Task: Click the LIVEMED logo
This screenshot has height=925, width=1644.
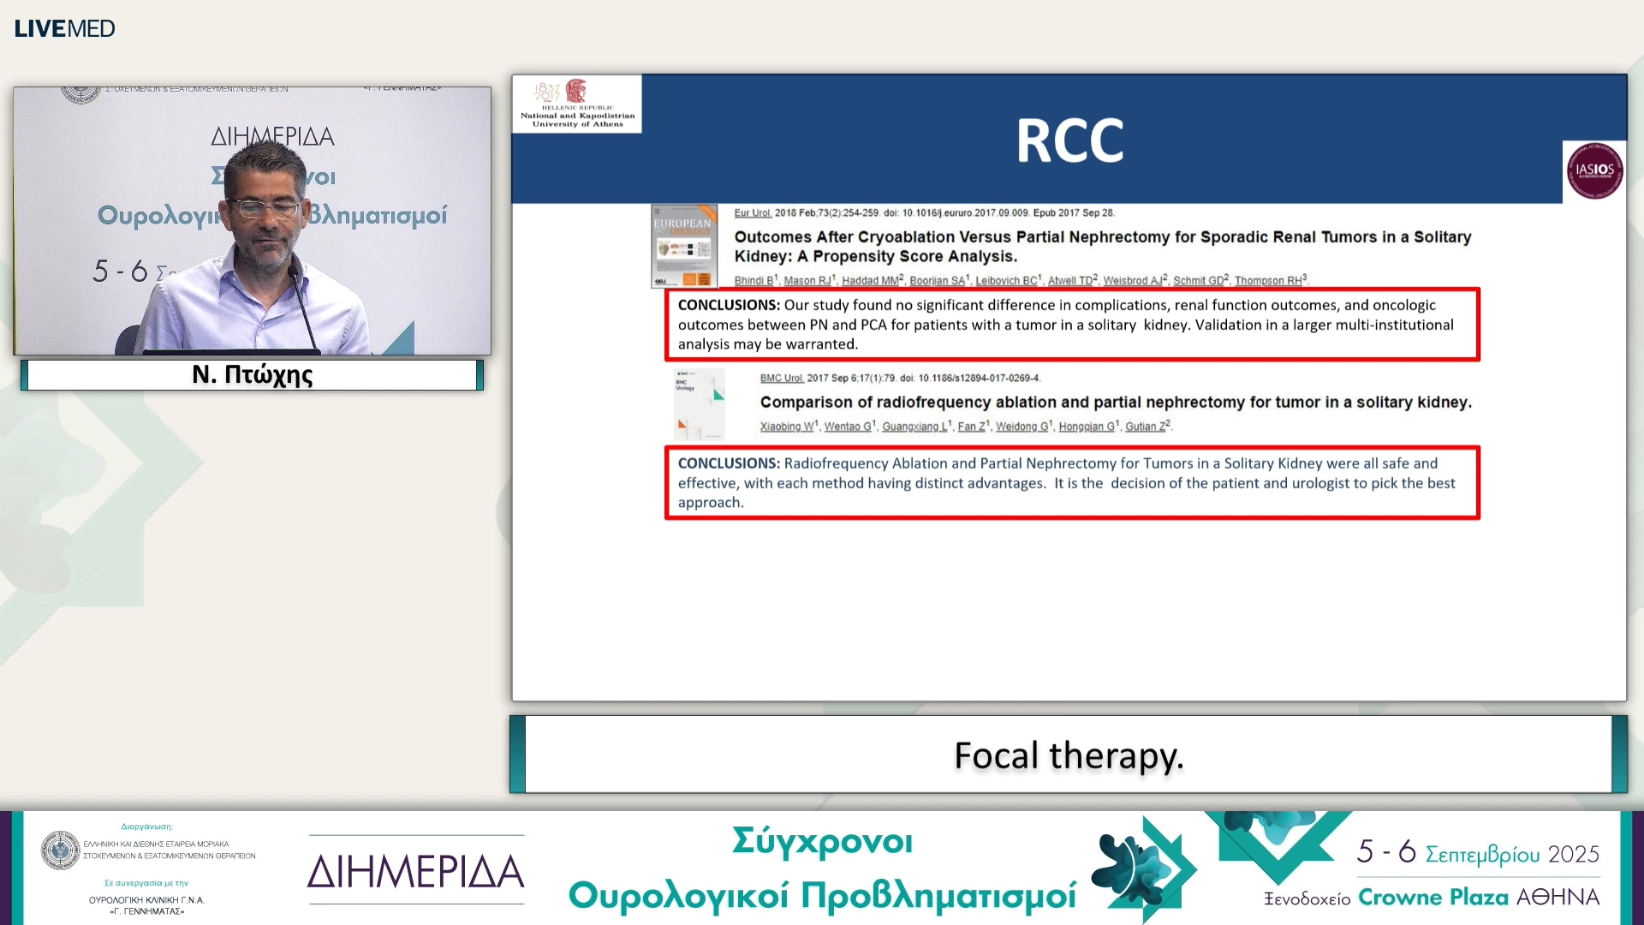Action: (64, 28)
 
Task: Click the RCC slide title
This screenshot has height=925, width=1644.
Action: (1069, 141)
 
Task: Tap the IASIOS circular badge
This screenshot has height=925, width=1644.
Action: (1594, 170)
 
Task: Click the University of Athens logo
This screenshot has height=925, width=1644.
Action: (577, 104)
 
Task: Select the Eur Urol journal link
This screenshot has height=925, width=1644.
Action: (753, 213)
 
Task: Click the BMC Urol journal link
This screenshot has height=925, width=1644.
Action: (781, 379)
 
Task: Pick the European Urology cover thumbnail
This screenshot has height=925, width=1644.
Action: (683, 246)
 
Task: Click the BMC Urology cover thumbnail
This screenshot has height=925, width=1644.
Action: (699, 404)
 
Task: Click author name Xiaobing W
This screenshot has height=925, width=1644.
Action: (786, 427)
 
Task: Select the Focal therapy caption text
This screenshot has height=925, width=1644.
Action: (1069, 755)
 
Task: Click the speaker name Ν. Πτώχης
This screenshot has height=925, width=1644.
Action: (252, 375)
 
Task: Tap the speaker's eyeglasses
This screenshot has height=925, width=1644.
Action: (264, 207)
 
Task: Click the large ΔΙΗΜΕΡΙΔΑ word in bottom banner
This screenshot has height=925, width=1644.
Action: (415, 872)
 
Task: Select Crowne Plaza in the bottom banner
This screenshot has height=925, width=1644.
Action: (1433, 898)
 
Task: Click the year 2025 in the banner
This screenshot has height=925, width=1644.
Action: (1573, 854)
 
